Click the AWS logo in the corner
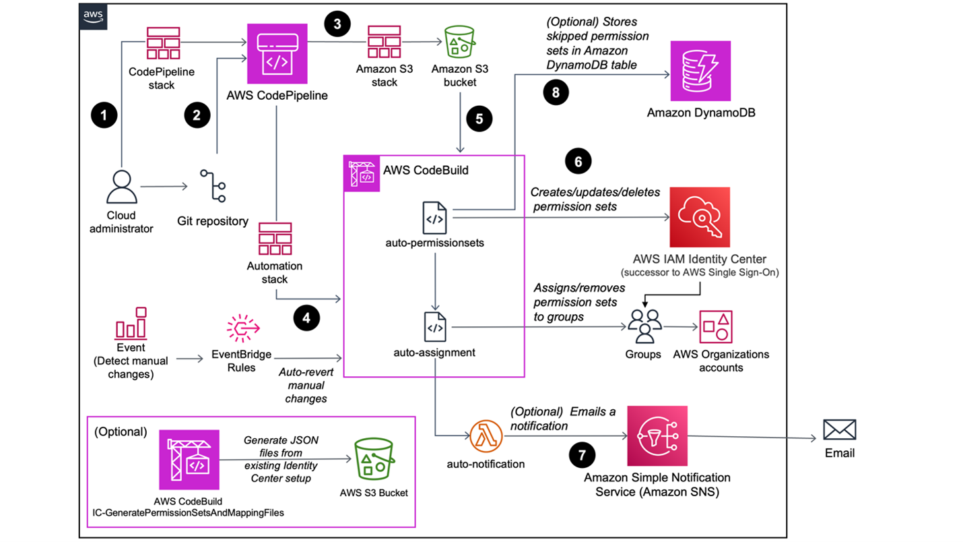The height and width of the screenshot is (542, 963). (93, 16)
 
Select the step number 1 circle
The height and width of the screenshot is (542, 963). (104, 115)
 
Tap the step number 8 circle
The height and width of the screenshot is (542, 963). (556, 92)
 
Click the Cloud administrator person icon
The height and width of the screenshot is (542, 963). (122, 187)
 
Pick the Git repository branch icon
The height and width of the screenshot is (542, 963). (213, 186)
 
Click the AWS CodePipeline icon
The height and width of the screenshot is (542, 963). (277, 54)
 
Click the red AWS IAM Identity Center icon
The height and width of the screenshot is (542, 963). (700, 217)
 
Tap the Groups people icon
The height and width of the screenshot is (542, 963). (644, 327)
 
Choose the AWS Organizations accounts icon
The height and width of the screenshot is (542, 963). (716, 327)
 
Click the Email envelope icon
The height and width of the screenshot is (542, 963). (839, 429)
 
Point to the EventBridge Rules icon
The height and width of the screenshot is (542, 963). (243, 330)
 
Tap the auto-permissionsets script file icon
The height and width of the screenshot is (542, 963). (434, 218)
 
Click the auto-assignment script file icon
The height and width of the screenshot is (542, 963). (434, 328)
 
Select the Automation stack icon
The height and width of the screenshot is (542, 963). (275, 238)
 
